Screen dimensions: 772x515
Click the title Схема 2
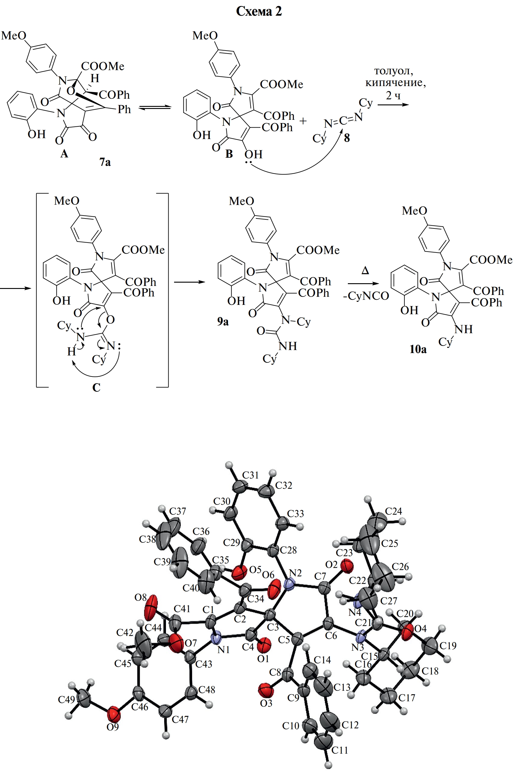[x=259, y=12]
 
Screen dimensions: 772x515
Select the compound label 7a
[x=105, y=162]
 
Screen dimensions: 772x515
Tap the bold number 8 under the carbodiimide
[x=347, y=138]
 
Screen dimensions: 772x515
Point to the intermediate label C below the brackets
[x=96, y=388]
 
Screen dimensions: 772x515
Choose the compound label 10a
[x=418, y=349]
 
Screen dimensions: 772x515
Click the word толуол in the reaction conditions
[x=393, y=71]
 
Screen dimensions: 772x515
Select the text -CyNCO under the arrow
[x=366, y=296]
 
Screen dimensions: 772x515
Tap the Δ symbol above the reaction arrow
[x=365, y=271]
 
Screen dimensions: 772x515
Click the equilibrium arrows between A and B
[x=155, y=107]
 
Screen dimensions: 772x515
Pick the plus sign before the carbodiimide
[x=303, y=121]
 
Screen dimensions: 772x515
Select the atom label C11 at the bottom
[x=339, y=750]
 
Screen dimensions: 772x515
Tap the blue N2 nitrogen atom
[x=289, y=584]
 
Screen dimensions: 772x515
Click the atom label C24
[x=393, y=511]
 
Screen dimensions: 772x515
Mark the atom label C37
[x=178, y=511]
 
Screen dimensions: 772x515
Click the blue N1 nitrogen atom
[x=216, y=638]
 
